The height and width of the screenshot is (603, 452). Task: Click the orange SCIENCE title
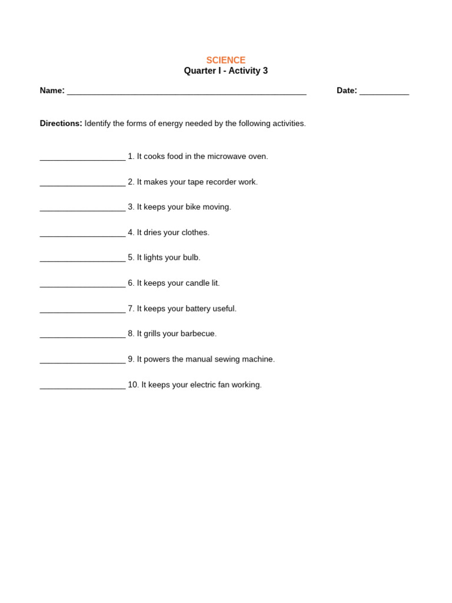pos(225,60)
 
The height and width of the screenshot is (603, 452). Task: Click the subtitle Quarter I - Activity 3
pos(225,71)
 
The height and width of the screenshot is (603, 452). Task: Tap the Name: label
pos(52,91)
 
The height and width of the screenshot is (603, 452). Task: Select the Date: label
pos(347,91)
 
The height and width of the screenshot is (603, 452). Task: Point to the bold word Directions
pos(61,124)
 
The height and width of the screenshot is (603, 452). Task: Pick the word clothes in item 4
pos(195,233)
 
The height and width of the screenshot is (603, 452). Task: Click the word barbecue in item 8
pos(198,334)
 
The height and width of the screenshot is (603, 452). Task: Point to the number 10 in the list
pos(133,385)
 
